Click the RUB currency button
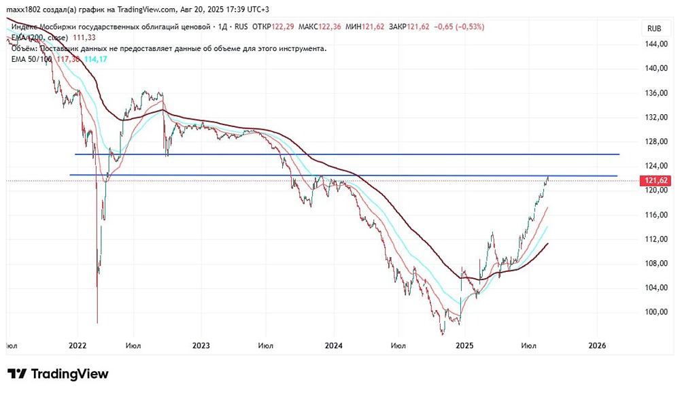tap(654, 29)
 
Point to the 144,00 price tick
tap(654, 44)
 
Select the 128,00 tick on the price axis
tap(654, 141)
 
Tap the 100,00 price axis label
tap(654, 312)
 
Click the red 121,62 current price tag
tap(654, 181)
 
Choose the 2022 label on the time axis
tap(77, 345)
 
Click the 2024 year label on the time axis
tap(333, 345)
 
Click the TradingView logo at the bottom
tap(58, 374)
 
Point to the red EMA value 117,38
tap(69, 60)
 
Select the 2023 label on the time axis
tap(201, 345)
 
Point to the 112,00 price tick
tap(654, 239)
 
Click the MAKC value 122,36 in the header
tap(328, 27)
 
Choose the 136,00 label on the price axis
tap(654, 93)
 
